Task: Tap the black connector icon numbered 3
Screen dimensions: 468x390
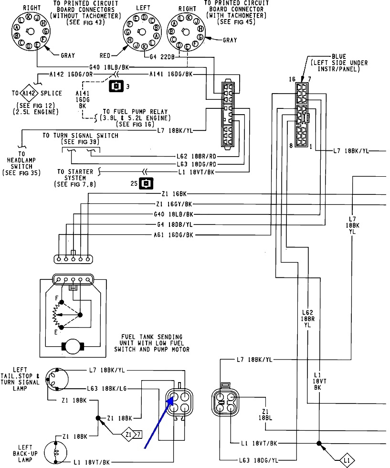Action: (x=116, y=86)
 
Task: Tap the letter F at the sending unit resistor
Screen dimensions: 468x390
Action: (x=57, y=298)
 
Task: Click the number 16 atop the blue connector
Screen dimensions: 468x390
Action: (x=292, y=79)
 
